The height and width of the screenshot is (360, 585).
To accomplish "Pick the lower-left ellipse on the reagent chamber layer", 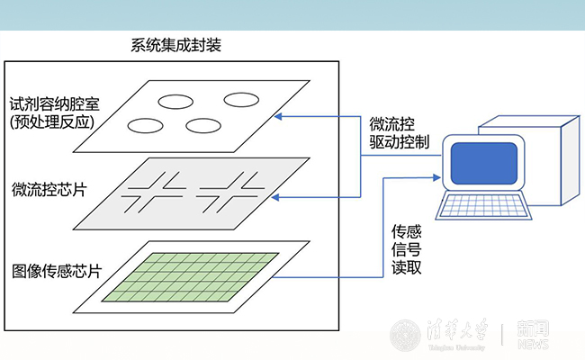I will coord(148,122).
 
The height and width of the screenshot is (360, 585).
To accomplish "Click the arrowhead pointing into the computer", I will coord(439,177).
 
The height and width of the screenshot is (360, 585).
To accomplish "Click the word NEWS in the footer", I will coord(533,342).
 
